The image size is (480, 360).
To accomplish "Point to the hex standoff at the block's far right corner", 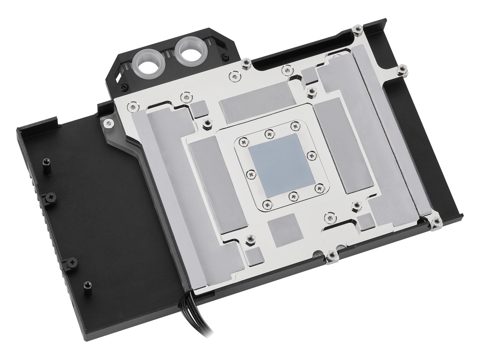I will [436, 222].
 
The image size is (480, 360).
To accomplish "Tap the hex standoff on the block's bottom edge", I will [331, 256].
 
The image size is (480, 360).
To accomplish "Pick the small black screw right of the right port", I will [224, 57].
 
